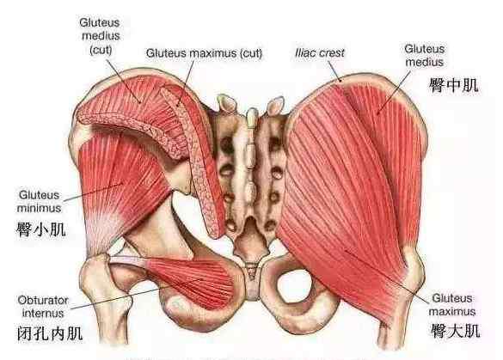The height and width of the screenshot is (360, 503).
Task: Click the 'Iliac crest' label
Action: pos(320,53)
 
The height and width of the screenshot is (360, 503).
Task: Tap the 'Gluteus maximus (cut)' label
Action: pos(204,53)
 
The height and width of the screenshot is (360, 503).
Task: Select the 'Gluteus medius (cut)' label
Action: pos(100,36)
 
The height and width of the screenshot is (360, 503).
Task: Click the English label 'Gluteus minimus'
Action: pos(40,202)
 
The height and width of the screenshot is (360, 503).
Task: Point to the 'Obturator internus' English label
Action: pos(43,307)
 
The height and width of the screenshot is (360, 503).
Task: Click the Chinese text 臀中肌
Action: pos(454,85)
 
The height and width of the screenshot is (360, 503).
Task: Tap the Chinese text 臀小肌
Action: pos(41,230)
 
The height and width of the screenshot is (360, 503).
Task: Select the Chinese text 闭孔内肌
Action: pos(50,333)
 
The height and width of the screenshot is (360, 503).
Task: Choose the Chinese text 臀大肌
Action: pos(455,331)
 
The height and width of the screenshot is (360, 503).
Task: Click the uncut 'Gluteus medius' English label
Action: pos(425,56)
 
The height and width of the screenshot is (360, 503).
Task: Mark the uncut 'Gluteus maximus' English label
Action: pos(452,305)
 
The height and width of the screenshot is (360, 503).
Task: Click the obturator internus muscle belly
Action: pos(193,280)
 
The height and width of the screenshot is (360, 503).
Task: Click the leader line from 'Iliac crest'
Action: pos(334,71)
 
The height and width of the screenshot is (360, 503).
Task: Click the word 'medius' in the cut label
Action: pos(101,36)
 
